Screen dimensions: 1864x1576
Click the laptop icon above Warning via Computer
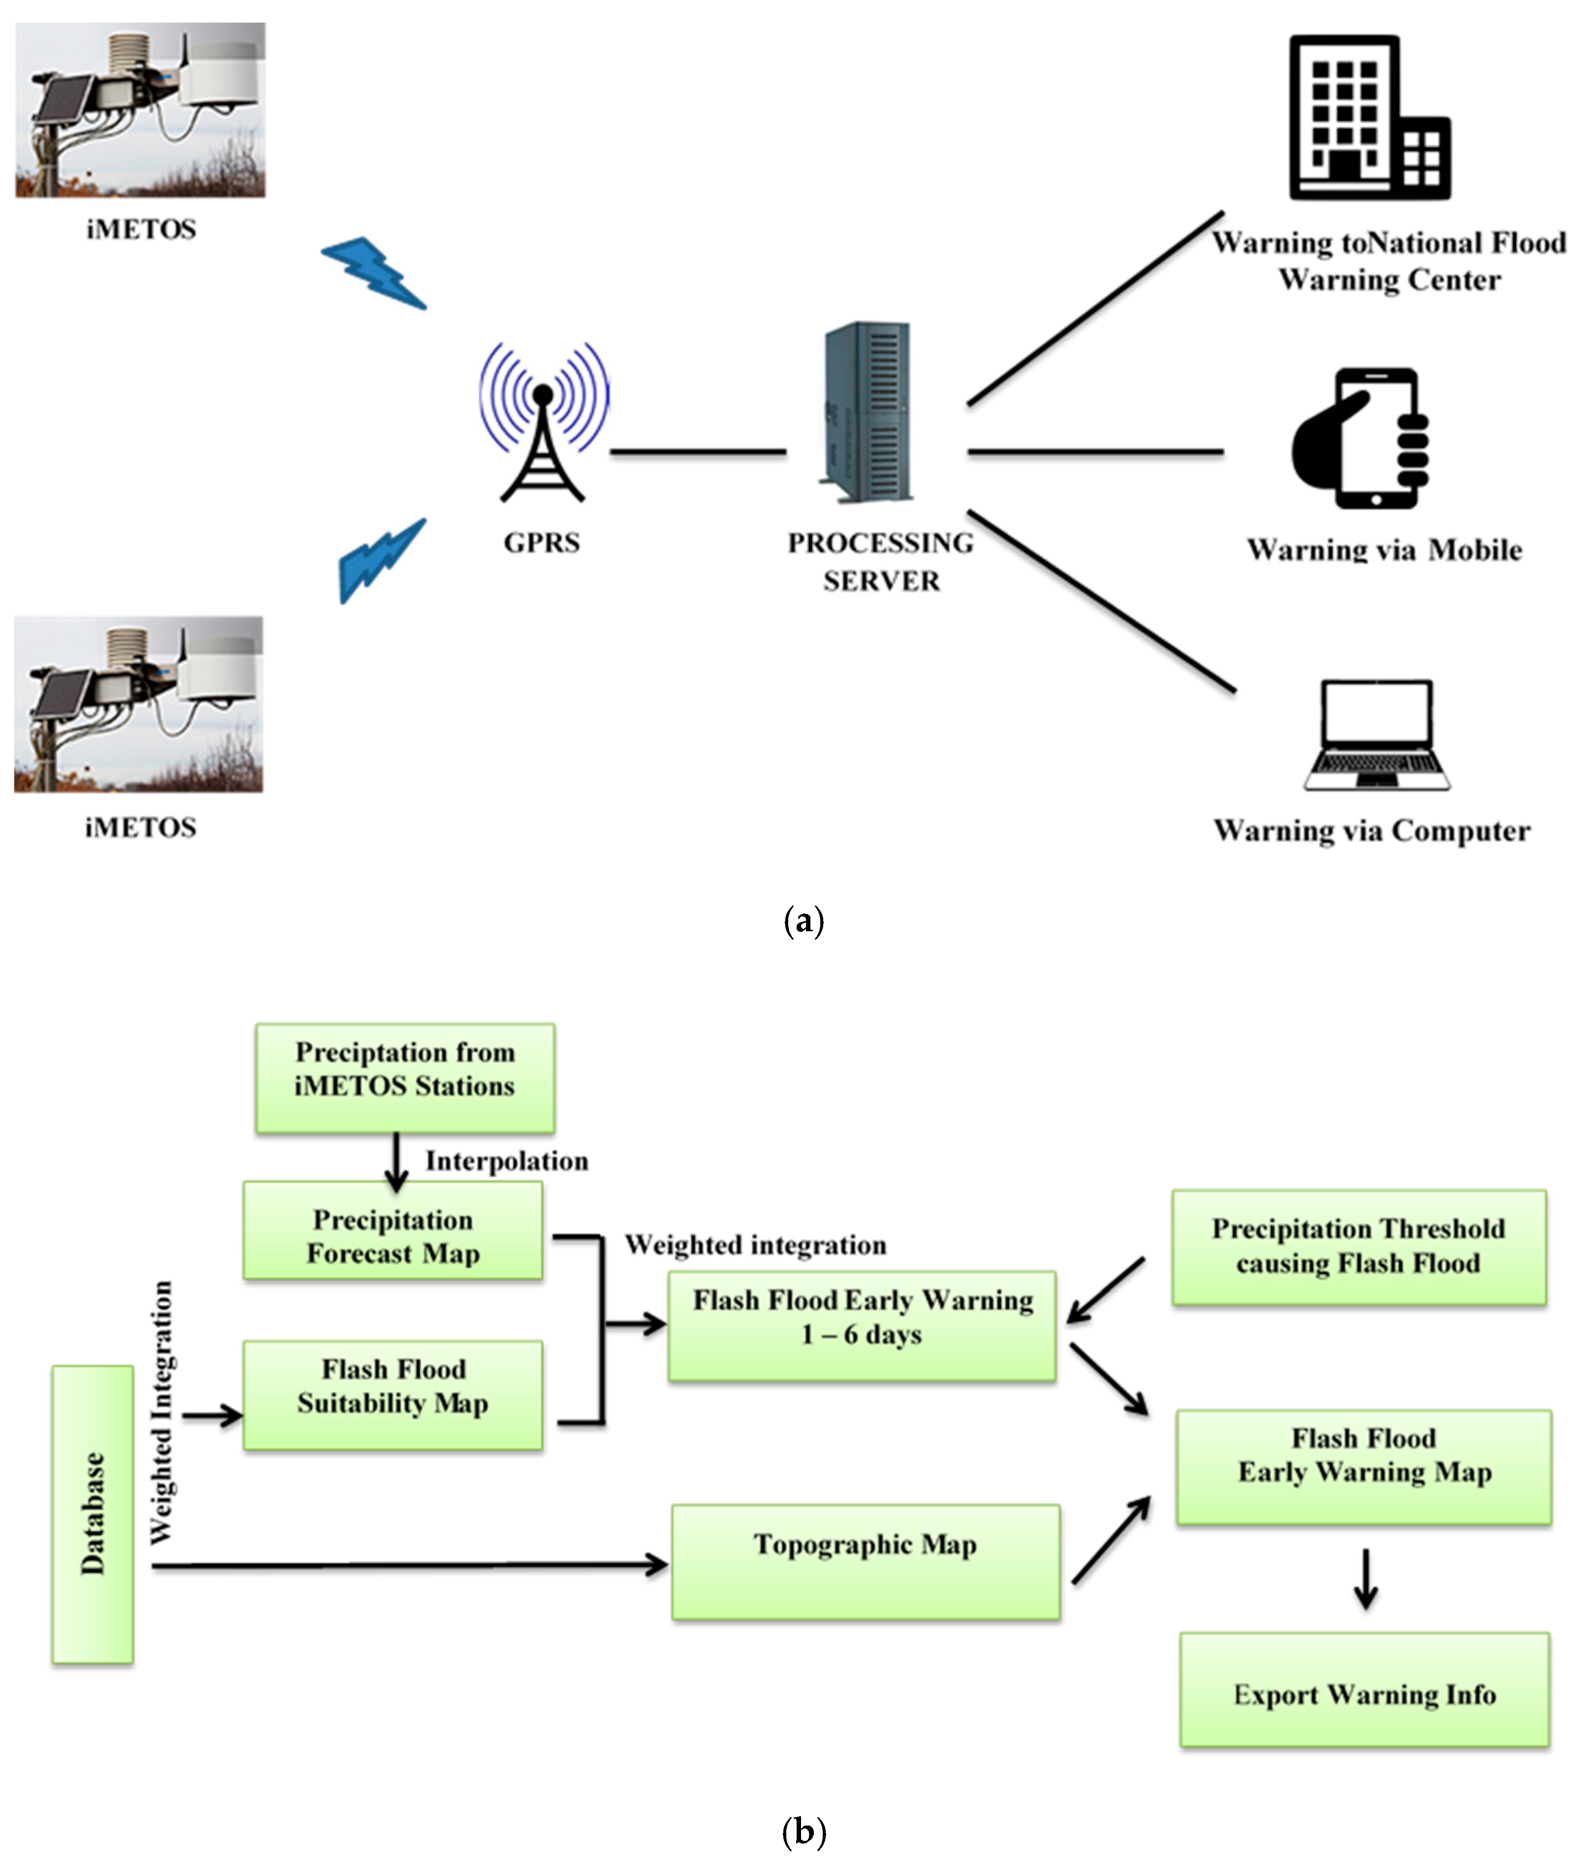[1377, 735]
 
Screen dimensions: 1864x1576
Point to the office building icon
[1368, 118]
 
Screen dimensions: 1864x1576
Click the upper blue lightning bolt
[374, 272]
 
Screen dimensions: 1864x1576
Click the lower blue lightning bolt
[381, 560]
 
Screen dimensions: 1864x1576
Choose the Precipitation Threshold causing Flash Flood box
[1358, 1247]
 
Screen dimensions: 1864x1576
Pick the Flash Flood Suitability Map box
[393, 1395]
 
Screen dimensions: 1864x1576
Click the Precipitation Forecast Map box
[393, 1231]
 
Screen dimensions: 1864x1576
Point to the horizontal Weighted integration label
[755, 1245]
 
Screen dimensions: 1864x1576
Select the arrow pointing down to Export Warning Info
[1364, 1580]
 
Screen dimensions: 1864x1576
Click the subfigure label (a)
[803, 920]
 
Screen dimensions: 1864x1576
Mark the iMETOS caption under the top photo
[141, 229]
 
